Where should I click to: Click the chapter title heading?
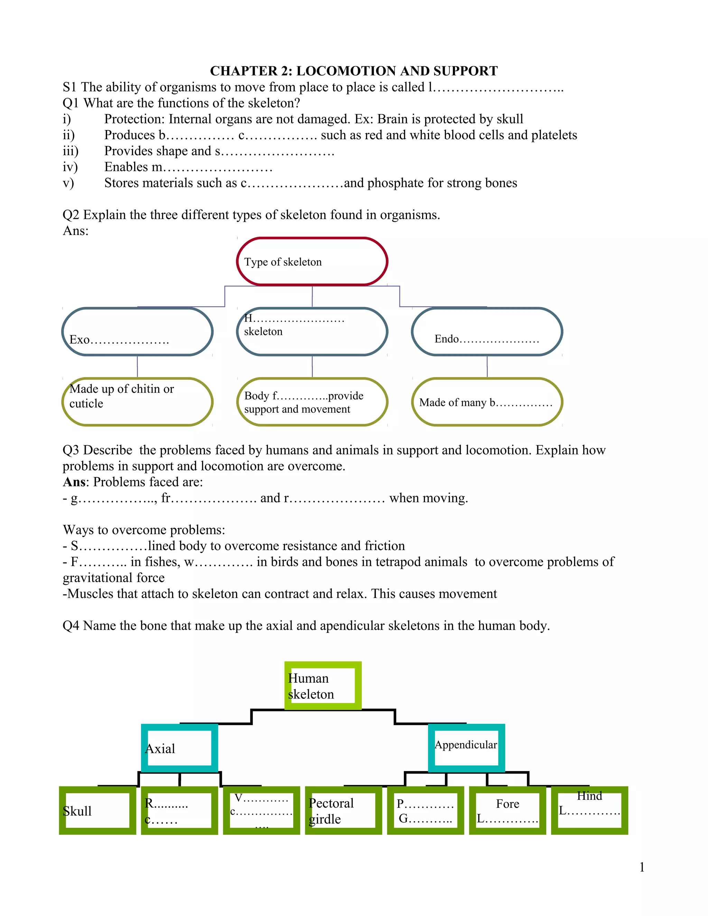coord(354,71)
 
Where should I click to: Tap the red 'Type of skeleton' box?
coord(312,262)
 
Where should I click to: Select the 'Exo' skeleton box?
coord(137,332)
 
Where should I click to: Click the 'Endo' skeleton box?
coord(487,332)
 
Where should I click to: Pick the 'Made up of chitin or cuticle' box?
coord(137,402)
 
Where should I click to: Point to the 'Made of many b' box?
coord(487,402)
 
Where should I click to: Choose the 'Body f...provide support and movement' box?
coord(312,402)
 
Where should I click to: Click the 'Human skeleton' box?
coord(323,686)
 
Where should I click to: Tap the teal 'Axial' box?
coord(179,748)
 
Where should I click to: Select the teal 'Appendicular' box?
coord(466,748)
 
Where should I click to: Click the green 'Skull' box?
coord(97,810)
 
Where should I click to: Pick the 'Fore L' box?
coord(507,810)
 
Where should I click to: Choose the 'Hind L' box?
coord(589,810)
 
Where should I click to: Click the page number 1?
coord(642,867)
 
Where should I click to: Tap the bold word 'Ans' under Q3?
coord(74,482)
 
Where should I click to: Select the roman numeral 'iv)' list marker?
coord(70,167)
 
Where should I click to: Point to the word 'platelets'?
coord(554,135)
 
